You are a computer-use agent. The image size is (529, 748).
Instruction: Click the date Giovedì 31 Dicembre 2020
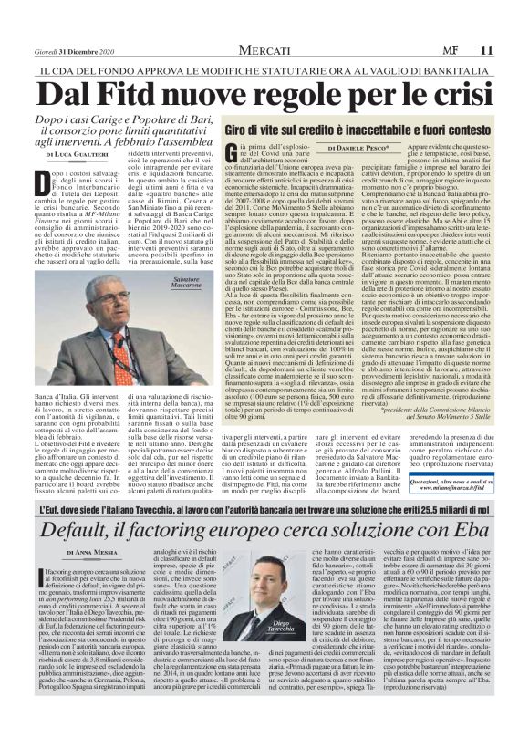pos(71,22)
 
